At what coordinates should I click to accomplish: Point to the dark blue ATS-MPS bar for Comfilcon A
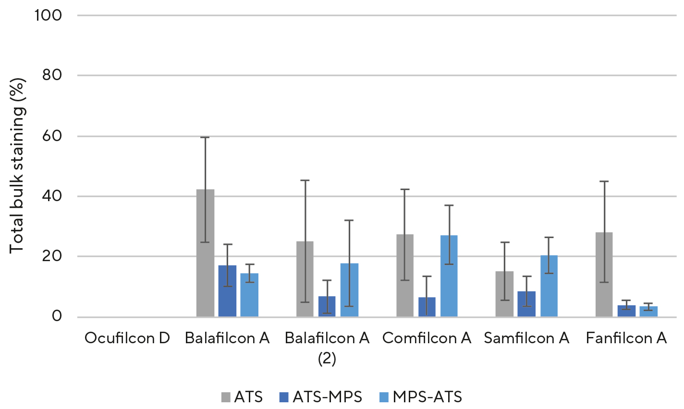click(x=427, y=307)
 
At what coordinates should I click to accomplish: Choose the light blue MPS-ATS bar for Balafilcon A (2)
click(x=349, y=290)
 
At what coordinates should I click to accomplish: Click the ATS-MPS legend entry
click(x=320, y=397)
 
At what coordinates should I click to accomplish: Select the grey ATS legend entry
click(x=242, y=397)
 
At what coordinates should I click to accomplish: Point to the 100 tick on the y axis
click(x=48, y=15)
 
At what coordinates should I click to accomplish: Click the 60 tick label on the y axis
click(x=52, y=136)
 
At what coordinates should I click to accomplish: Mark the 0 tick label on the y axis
click(x=57, y=316)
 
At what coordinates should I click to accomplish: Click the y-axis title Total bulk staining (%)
click(x=17, y=166)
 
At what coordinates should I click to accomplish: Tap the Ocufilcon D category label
click(x=127, y=338)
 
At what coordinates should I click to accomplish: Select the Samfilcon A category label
click(x=526, y=338)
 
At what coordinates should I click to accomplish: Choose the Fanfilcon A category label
click(x=626, y=338)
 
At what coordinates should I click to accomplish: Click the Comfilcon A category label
click(x=427, y=338)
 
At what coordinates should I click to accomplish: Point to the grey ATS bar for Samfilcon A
click(x=504, y=294)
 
